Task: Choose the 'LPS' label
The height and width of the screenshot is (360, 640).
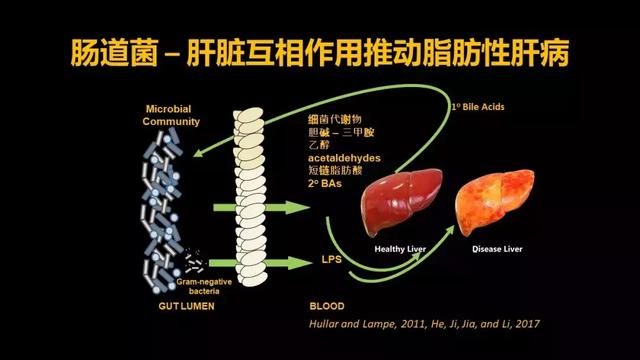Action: tap(331, 259)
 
